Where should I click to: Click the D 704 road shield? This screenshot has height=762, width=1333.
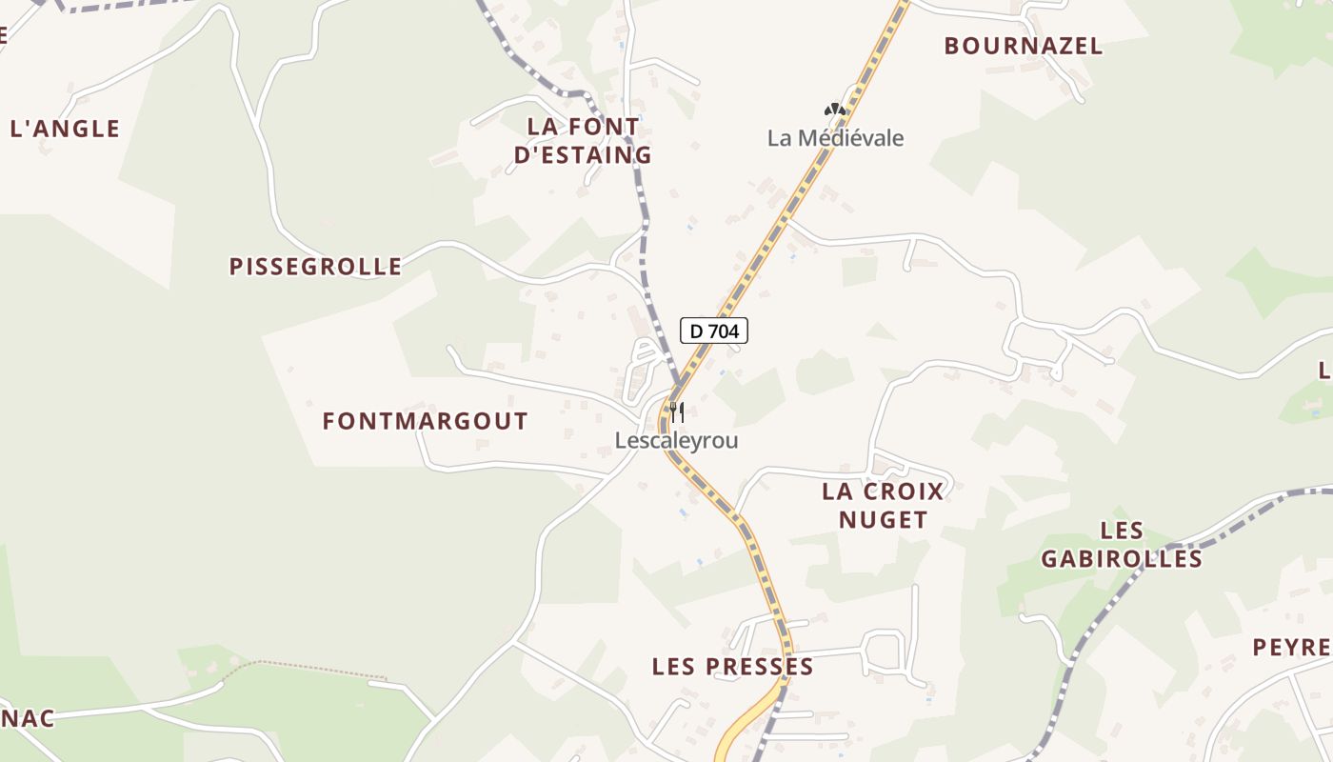click(x=714, y=331)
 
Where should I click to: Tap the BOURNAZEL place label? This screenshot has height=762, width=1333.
click(x=1023, y=46)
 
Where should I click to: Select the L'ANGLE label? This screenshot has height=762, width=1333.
click(x=65, y=129)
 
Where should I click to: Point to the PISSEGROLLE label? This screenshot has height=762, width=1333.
click(x=315, y=267)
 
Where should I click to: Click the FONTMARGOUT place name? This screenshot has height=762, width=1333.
click(x=425, y=421)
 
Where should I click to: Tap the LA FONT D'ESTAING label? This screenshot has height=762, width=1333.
click(x=583, y=140)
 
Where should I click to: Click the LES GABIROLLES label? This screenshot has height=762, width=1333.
click(x=1121, y=544)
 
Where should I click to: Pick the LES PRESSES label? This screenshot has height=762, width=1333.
click(x=732, y=667)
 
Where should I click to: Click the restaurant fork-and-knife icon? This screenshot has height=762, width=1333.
click(x=676, y=412)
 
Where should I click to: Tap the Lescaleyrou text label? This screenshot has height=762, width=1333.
click(x=676, y=441)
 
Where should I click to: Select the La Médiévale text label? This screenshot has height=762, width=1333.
click(x=835, y=138)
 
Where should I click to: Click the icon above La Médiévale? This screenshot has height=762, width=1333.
click(x=835, y=110)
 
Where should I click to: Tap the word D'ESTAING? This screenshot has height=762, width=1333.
click(x=583, y=154)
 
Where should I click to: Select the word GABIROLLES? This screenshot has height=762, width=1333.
click(x=1121, y=558)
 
